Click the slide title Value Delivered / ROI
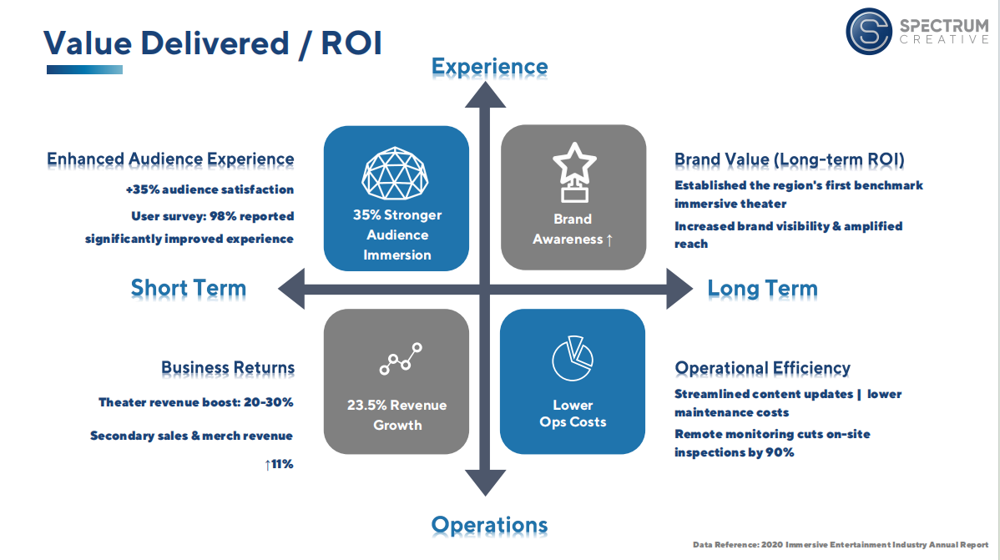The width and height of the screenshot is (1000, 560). tap(213, 43)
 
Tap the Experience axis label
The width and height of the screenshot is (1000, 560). tap(489, 67)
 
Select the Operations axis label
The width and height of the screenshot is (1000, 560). tap(489, 525)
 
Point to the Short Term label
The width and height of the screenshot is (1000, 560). tap(189, 289)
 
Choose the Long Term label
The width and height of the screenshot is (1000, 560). tap(762, 289)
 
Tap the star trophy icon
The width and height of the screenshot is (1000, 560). tap(573, 171)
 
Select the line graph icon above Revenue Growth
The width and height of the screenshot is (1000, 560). tap(401, 358)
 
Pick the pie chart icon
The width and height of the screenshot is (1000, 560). tap(573, 358)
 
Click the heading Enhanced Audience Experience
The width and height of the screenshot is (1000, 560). tap(170, 159)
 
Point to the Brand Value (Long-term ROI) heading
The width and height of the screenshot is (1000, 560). tap(790, 159)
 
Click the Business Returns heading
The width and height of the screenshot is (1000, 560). tap(228, 367)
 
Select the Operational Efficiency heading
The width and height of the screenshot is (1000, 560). tap(762, 368)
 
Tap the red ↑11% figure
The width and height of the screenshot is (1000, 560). tap(279, 464)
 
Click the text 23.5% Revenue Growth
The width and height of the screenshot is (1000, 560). tap(396, 415)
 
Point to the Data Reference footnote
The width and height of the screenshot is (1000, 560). tap(841, 545)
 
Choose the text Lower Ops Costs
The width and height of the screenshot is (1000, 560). tap(573, 414)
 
